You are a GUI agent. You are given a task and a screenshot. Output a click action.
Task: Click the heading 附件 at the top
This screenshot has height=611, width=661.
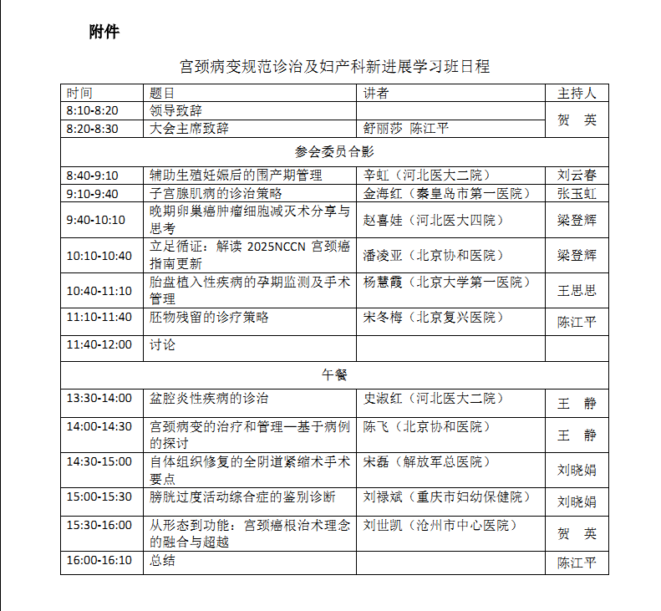(104, 33)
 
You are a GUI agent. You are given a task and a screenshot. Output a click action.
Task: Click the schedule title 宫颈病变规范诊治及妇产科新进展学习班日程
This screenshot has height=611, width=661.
(334, 66)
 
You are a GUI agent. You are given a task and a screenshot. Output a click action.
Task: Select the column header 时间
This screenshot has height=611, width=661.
(80, 93)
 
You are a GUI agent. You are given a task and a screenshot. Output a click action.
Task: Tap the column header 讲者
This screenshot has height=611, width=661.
(376, 93)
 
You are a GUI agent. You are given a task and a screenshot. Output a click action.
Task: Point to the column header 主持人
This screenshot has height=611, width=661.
(577, 93)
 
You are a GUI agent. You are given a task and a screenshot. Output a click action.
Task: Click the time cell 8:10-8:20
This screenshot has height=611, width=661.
(93, 110)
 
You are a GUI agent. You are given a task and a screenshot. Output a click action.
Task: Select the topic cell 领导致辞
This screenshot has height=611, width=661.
(175, 110)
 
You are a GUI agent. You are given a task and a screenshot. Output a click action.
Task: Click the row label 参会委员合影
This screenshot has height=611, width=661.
(334, 152)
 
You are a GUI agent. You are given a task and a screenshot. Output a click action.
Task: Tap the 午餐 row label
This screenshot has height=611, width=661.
(334, 374)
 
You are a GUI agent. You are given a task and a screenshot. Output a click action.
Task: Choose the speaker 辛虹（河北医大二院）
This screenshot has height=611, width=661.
(426, 176)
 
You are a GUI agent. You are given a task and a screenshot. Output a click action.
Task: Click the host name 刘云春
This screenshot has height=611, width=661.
(577, 176)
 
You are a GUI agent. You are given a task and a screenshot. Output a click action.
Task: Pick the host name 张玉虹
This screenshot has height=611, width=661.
(577, 194)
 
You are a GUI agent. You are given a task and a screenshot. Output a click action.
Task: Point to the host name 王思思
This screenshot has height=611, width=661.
(577, 291)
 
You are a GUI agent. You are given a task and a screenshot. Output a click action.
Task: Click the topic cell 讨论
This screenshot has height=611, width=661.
(162, 344)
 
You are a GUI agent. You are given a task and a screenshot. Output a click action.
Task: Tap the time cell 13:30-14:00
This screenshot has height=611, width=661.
(99, 399)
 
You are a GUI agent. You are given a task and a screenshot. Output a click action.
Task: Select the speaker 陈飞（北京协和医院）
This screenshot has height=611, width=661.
(426, 427)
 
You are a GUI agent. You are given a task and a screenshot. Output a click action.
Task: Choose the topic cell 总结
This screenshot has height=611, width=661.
(162, 561)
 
